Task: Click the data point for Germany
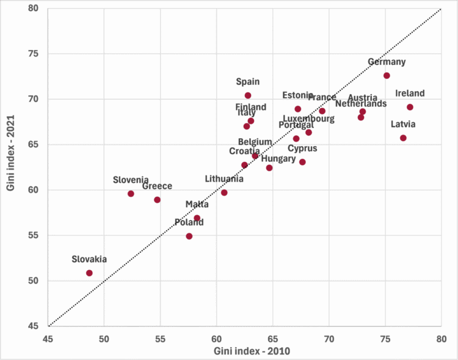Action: pos(387,76)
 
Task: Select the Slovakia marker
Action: pos(89,273)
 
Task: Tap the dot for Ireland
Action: pos(410,107)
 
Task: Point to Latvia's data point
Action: pos(403,138)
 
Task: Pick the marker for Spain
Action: pos(248,95)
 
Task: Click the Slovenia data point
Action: pos(131,194)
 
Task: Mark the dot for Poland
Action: pos(189,236)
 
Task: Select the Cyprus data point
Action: pos(302,162)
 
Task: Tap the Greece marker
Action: pos(157,200)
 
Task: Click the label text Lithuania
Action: pos(224,179)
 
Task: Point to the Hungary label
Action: pos(278,159)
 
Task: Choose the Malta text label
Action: pos(197,204)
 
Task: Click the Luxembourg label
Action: pos(308,119)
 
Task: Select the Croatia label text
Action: pos(245,151)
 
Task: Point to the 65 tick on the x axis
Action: pos(272,337)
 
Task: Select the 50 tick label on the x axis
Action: pos(104,337)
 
